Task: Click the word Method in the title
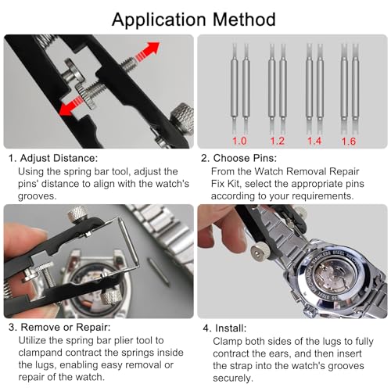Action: [244, 20]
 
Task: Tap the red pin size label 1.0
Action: [239, 141]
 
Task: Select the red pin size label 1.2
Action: [277, 141]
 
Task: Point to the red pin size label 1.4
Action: [314, 141]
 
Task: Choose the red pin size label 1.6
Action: [349, 142]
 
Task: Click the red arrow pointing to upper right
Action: [147, 52]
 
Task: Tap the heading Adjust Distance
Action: [59, 158]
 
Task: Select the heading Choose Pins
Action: [245, 158]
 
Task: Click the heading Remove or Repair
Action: [66, 327]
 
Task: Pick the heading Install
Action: [231, 328]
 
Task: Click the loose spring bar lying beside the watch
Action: [159, 272]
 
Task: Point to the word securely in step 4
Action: [233, 378]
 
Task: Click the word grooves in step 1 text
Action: [37, 196]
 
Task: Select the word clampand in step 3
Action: [41, 353]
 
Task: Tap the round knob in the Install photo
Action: [260, 252]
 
